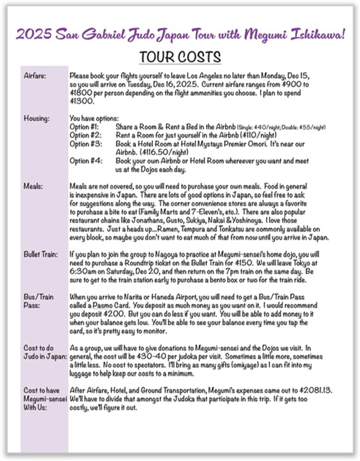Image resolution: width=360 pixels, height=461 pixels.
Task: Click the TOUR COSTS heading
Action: [x=180, y=58]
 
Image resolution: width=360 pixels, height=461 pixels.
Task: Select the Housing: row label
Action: [x=36, y=119]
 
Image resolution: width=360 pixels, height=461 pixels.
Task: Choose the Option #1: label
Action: [x=84, y=127]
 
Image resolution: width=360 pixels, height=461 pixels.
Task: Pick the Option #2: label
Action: [x=84, y=135]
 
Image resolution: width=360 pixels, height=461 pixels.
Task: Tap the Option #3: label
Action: [x=84, y=144]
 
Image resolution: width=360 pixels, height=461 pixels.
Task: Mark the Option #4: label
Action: [x=84, y=161]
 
